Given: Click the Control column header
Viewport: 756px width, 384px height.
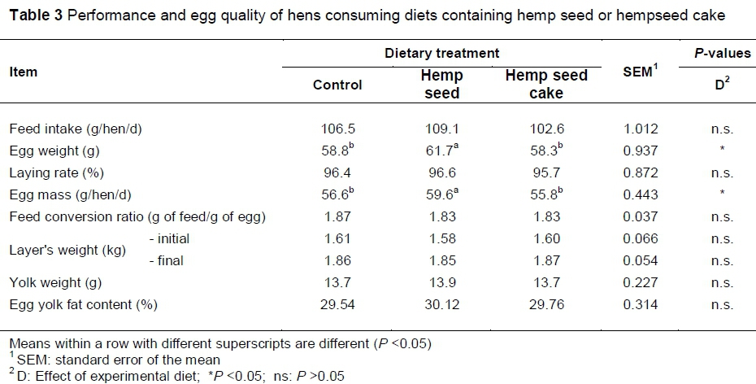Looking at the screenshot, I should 337,85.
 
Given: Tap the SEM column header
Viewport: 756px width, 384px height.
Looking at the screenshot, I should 637,73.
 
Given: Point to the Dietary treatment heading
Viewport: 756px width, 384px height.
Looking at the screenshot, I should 441,54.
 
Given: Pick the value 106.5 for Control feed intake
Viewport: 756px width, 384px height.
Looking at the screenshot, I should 337,129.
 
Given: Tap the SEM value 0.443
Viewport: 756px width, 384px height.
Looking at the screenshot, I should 637,194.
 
